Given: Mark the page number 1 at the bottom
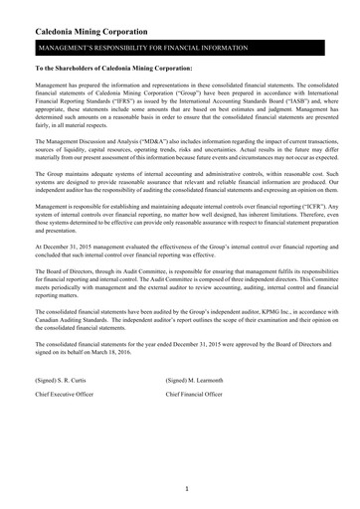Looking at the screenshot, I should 186,489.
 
